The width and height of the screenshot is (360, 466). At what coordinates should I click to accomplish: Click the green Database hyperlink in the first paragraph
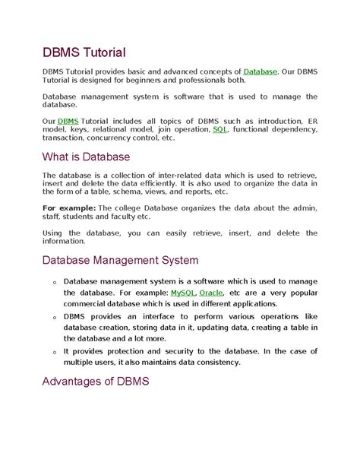tap(261, 71)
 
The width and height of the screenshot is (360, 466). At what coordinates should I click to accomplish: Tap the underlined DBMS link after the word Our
tap(68, 121)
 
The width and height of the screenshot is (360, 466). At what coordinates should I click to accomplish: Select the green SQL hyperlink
tap(220, 130)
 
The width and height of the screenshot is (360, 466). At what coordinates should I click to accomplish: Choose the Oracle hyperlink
tap(212, 292)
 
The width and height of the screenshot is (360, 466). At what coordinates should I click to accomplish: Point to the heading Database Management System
tap(120, 260)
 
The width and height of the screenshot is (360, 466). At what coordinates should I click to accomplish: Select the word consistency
tap(217, 362)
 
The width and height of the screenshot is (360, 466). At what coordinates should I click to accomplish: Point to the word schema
tap(121, 192)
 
